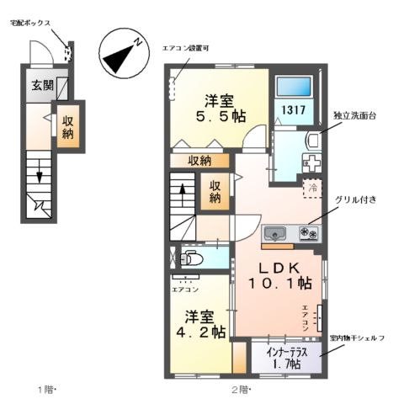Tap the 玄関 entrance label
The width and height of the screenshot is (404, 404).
pos(43,85)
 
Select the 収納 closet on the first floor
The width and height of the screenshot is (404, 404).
pos(68,125)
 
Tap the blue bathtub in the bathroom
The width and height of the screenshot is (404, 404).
pos(294,85)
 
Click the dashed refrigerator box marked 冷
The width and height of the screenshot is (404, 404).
pos(311,188)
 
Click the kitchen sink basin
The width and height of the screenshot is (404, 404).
pos(275,233)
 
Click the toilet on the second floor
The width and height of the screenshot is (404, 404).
pos(190,258)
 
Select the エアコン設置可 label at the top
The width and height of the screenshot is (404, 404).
pos(187,48)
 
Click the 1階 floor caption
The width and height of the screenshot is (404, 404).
pos(45,389)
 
